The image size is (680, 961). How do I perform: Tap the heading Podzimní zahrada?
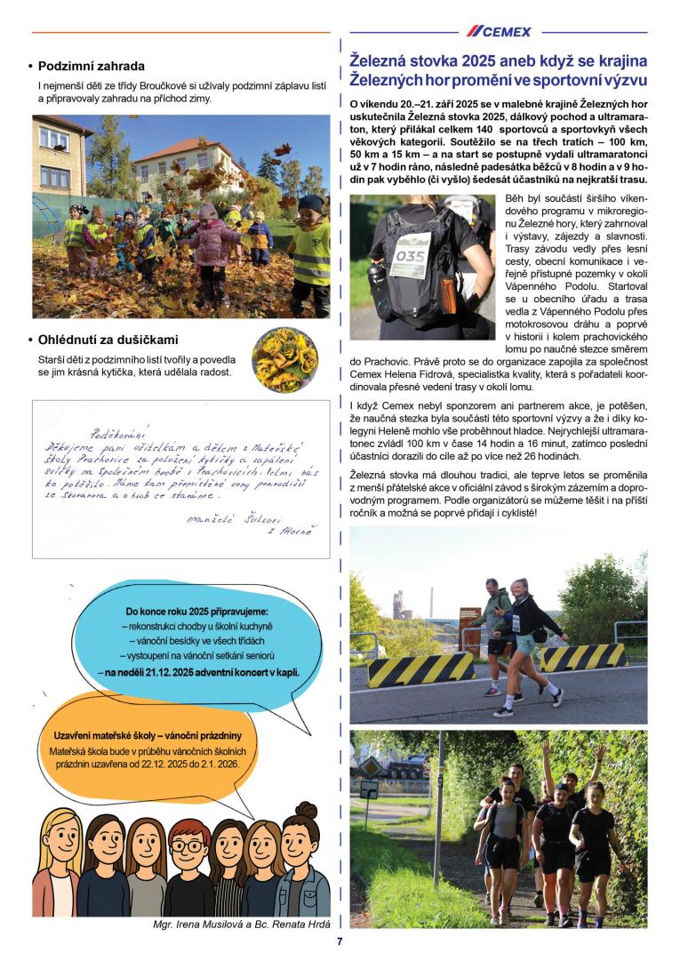click(92, 66)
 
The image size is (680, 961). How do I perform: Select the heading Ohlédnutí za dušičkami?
click(108, 340)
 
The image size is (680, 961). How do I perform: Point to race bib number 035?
click(411, 254)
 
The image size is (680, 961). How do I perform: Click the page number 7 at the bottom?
click(339, 941)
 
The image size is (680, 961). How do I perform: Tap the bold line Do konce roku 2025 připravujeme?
click(196, 612)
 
